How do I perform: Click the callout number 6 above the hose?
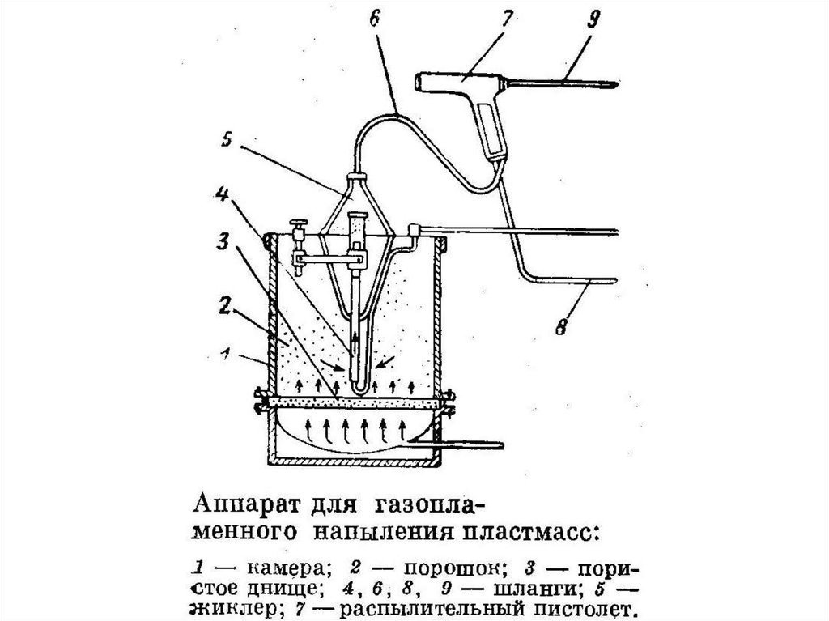point(374,19)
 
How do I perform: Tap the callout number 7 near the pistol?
point(506,19)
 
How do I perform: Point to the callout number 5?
point(227,142)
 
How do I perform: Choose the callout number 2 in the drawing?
point(225,306)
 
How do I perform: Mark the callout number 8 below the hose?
point(560,327)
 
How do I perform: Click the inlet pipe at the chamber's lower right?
point(468,445)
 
